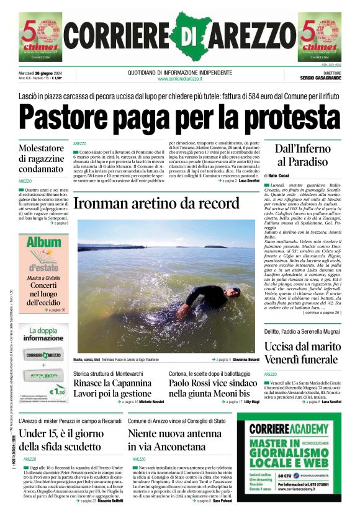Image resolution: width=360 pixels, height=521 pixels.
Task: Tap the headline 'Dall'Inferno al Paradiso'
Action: (x=301, y=154)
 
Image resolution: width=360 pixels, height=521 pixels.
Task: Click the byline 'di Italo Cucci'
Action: (x=280, y=177)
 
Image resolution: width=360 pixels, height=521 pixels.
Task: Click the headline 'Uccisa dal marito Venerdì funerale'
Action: (x=302, y=353)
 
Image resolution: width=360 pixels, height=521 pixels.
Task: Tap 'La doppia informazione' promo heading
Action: (x=43, y=335)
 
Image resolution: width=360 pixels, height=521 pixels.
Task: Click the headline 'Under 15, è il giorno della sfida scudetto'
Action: (x=61, y=440)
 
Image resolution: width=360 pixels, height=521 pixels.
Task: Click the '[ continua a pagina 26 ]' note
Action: (x=321, y=313)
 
